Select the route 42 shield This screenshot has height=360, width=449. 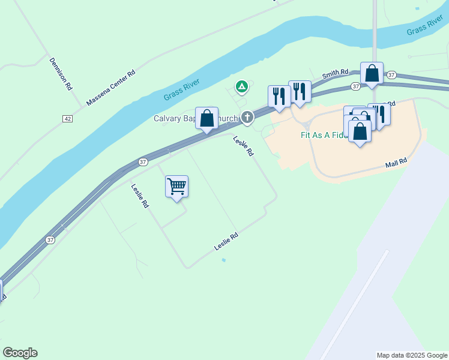(67, 119)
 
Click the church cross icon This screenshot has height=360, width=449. (247, 118)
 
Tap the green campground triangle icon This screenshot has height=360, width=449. (241, 88)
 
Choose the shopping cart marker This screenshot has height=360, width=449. (176, 187)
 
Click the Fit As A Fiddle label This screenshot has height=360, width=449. (324, 135)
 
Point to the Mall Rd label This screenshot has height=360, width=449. (396, 161)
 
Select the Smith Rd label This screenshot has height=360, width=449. (335, 74)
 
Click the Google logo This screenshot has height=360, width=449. (20, 353)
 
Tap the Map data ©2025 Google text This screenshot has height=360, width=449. (412, 355)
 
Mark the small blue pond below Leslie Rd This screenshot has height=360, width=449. (224, 260)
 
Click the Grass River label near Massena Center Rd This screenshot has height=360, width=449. (181, 90)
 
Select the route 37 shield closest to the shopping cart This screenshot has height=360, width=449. (143, 162)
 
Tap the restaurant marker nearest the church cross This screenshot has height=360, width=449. (279, 96)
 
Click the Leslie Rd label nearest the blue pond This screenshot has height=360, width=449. (226, 242)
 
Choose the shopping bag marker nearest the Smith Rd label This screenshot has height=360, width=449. (372, 74)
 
